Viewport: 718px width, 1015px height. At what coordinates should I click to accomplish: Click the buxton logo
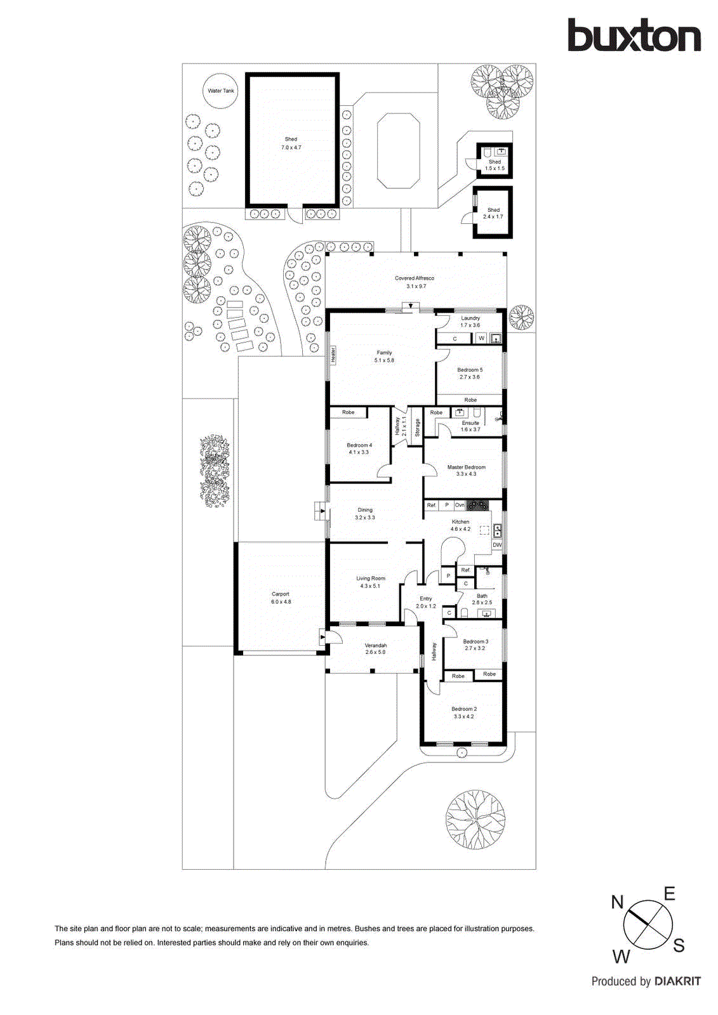634,36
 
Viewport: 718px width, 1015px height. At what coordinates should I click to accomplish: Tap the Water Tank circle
220,91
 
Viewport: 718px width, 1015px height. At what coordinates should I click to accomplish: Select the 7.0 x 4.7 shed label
291,143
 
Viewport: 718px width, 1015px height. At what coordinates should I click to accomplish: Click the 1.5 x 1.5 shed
495,160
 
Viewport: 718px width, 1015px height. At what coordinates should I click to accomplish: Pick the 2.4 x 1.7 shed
493,213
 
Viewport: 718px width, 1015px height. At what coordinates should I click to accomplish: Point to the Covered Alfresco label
415,282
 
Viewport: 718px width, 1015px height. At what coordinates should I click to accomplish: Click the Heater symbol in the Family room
333,355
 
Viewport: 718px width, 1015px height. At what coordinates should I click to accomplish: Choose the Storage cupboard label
417,428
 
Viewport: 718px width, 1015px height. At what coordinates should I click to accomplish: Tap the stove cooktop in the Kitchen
477,505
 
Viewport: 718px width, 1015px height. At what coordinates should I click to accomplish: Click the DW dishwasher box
497,545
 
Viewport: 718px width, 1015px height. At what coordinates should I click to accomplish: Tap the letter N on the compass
618,902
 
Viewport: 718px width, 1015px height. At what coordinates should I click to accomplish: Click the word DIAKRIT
677,981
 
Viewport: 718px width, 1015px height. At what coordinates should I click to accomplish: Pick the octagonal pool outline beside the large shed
398,151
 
